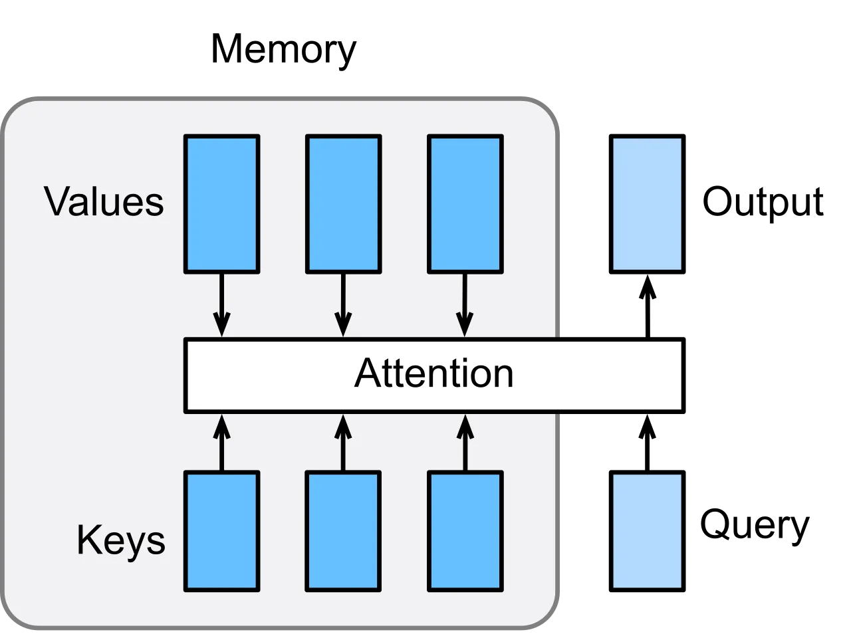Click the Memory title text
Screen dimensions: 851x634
click(283, 50)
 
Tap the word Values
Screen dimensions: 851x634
click(104, 201)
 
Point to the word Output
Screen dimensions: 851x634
click(763, 202)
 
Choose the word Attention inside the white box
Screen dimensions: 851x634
click(434, 373)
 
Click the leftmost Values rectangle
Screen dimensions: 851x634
click(222, 204)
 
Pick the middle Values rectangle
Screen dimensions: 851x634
click(344, 204)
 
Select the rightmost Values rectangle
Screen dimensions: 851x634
click(465, 204)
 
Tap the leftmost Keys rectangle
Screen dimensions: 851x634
click(222, 531)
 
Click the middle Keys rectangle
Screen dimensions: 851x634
click(344, 531)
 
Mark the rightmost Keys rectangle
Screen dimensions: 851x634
click(465, 531)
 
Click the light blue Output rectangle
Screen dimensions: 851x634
click(648, 204)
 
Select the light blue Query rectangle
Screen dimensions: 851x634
click(648, 531)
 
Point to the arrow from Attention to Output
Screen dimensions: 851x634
click(648, 306)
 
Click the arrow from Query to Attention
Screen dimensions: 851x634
click(648, 443)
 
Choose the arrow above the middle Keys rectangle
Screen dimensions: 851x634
click(344, 443)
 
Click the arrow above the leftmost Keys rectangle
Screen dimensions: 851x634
click(222, 443)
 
